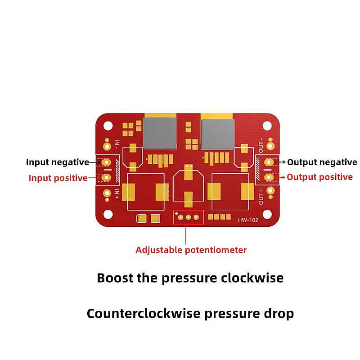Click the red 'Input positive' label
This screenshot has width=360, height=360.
[x=58, y=178]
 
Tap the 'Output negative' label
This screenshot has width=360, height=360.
[x=322, y=162]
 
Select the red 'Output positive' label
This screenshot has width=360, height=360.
[x=320, y=177]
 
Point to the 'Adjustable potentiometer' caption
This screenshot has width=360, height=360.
[x=191, y=250]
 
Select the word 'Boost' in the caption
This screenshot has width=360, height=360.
[x=114, y=278]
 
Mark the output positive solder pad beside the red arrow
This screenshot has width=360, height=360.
[x=269, y=177]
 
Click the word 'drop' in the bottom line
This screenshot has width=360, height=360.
[x=279, y=313]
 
